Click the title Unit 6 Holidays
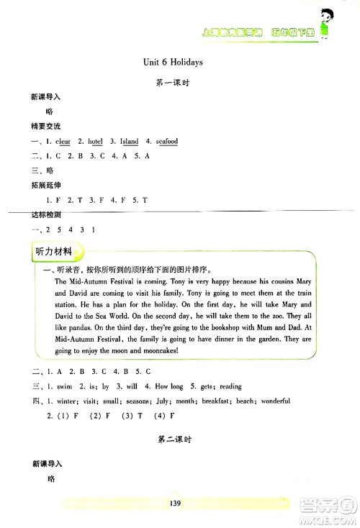click(173, 62)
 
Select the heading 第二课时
click(173, 439)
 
